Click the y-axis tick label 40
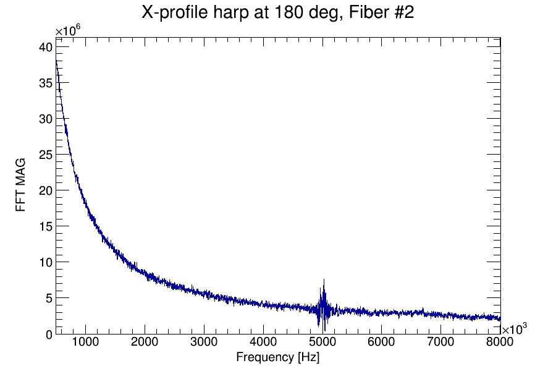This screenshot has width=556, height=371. [x=45, y=47]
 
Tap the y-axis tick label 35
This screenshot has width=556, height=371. [x=45, y=83]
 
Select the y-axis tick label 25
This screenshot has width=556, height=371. [x=45, y=155]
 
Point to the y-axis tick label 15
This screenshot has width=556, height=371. [x=45, y=226]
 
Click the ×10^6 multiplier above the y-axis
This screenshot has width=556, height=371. [x=69, y=31]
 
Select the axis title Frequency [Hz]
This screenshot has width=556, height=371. [x=277, y=357]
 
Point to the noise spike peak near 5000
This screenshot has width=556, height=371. [x=323, y=280]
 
